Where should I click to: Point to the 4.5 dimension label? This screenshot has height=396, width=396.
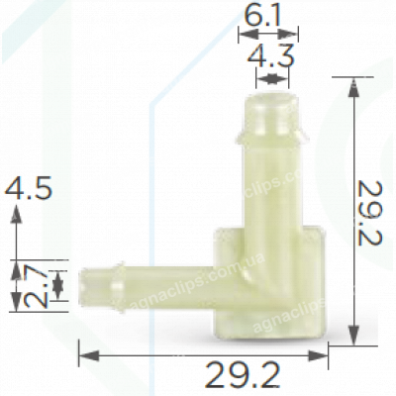(29, 188)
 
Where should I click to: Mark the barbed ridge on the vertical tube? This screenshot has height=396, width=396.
(268, 129)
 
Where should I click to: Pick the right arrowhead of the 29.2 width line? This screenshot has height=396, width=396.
(327, 350)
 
